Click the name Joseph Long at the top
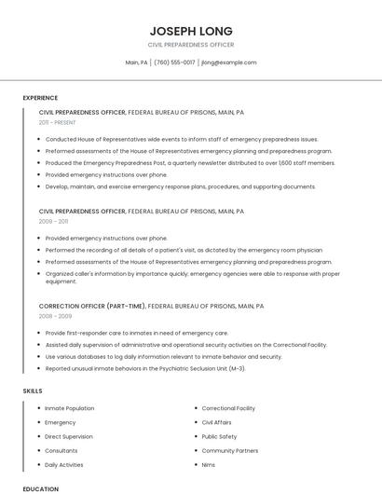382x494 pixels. coord(191,31)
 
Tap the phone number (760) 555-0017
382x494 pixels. coord(174,62)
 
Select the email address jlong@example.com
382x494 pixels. coord(228,62)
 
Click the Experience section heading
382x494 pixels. coord(40,98)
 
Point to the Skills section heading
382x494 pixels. coord(33,391)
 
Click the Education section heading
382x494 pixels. coord(40,488)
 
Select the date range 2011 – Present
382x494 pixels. coord(58,122)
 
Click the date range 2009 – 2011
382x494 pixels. coord(53,222)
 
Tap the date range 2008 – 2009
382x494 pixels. coord(55,316)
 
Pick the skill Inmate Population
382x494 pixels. coord(70,408)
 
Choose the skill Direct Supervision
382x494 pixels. coord(69,436)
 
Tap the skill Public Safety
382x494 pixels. coord(220,436)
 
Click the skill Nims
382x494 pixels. coord(209,464)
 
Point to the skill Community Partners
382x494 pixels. coord(230,450)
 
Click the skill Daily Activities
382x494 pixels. coord(64,464)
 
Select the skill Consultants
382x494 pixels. coord(62,450)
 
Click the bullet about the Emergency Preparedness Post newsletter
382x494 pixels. coord(190,162)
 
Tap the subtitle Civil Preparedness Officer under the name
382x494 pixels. coord(191,45)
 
